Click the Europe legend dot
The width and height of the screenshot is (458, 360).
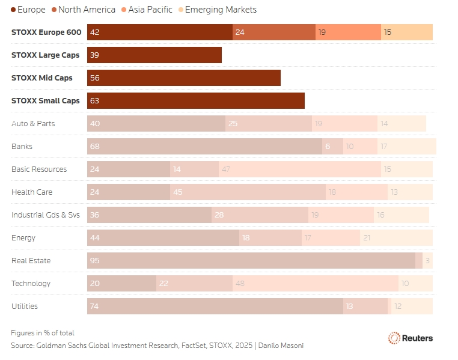click(13, 10)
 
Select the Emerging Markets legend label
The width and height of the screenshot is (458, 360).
click(221, 10)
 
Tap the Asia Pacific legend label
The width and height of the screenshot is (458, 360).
click(150, 10)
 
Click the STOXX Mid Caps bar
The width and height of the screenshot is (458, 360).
click(184, 78)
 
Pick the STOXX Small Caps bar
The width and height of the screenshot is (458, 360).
click(196, 101)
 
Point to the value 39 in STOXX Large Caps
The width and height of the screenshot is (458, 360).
click(94, 55)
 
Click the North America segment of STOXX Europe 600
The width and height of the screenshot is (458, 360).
click(274, 32)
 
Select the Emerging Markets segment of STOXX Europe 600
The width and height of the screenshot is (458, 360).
click(407, 32)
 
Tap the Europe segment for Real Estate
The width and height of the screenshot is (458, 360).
click(251, 260)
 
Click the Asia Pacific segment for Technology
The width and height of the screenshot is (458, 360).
click(316, 283)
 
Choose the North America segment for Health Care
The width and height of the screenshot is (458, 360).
click(248, 192)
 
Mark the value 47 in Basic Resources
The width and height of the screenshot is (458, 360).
click(226, 169)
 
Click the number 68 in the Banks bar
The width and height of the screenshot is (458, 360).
click(94, 146)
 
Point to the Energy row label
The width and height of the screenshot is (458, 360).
click(23, 238)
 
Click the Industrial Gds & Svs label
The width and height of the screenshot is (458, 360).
click(46, 215)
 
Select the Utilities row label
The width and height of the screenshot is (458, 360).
click(25, 307)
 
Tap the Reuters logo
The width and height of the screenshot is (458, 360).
click(411, 338)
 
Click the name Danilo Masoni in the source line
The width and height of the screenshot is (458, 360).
click(281, 346)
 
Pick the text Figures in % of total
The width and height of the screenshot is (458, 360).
click(43, 333)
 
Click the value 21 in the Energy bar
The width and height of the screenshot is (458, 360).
click(367, 237)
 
